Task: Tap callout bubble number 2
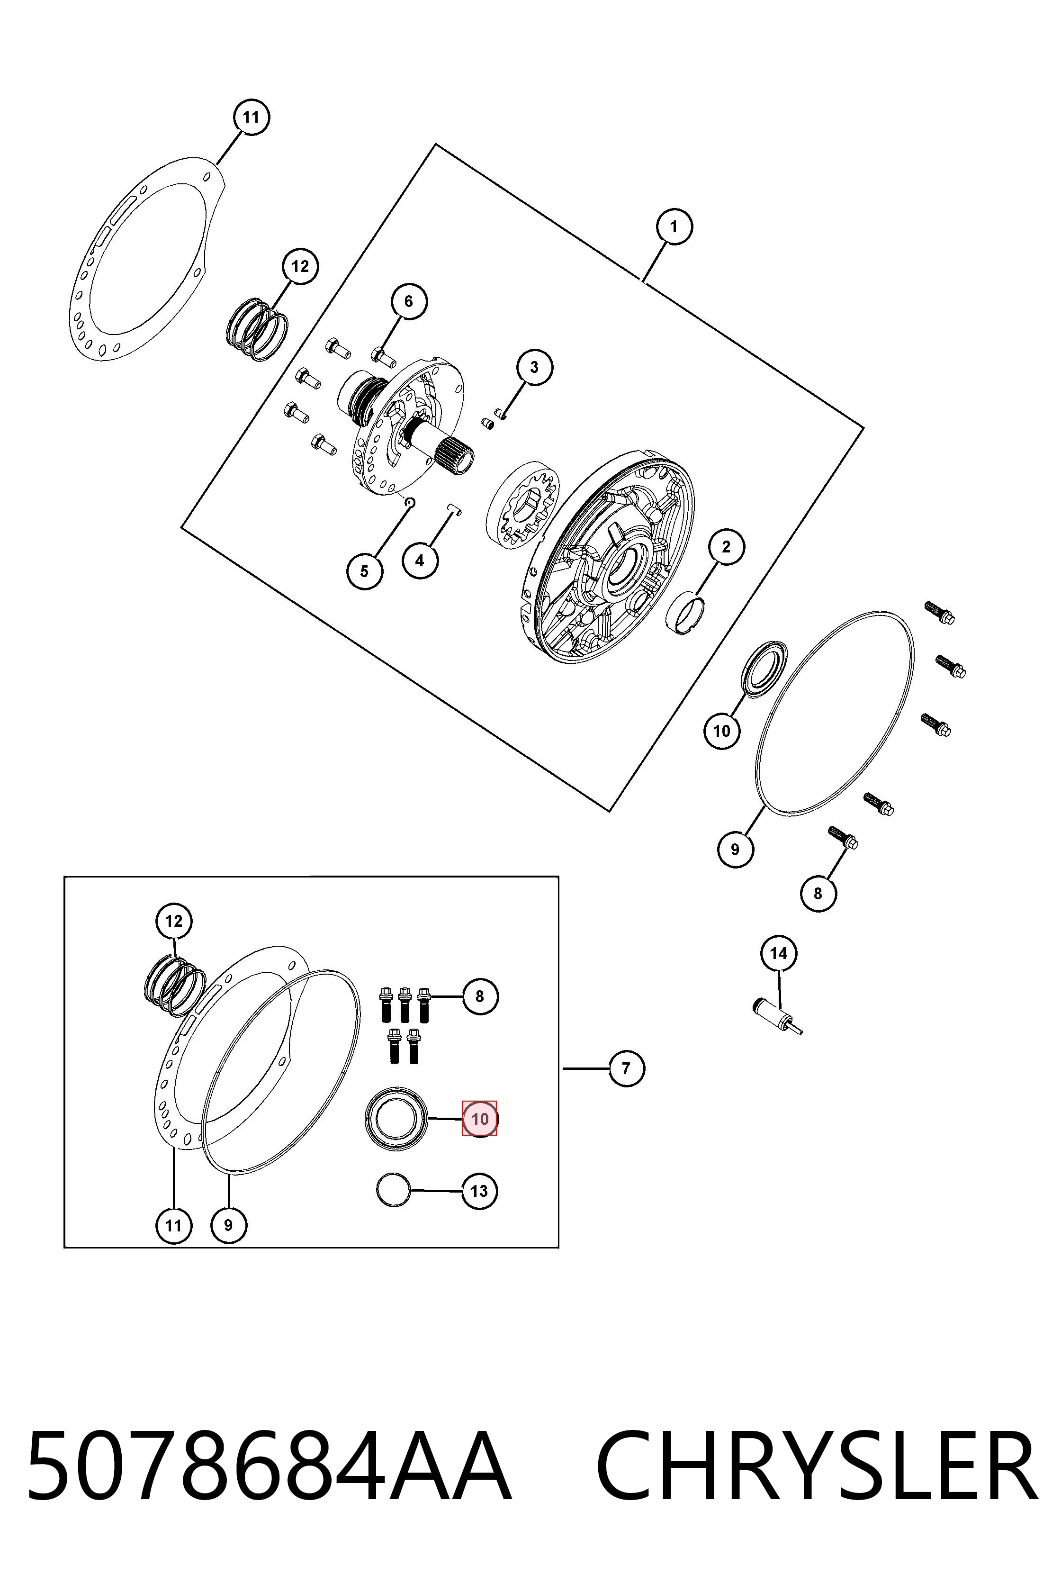(x=726, y=547)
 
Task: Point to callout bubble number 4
(x=420, y=561)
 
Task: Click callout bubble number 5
(x=365, y=571)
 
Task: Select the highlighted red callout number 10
(x=479, y=1119)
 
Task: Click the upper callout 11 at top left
(x=251, y=117)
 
